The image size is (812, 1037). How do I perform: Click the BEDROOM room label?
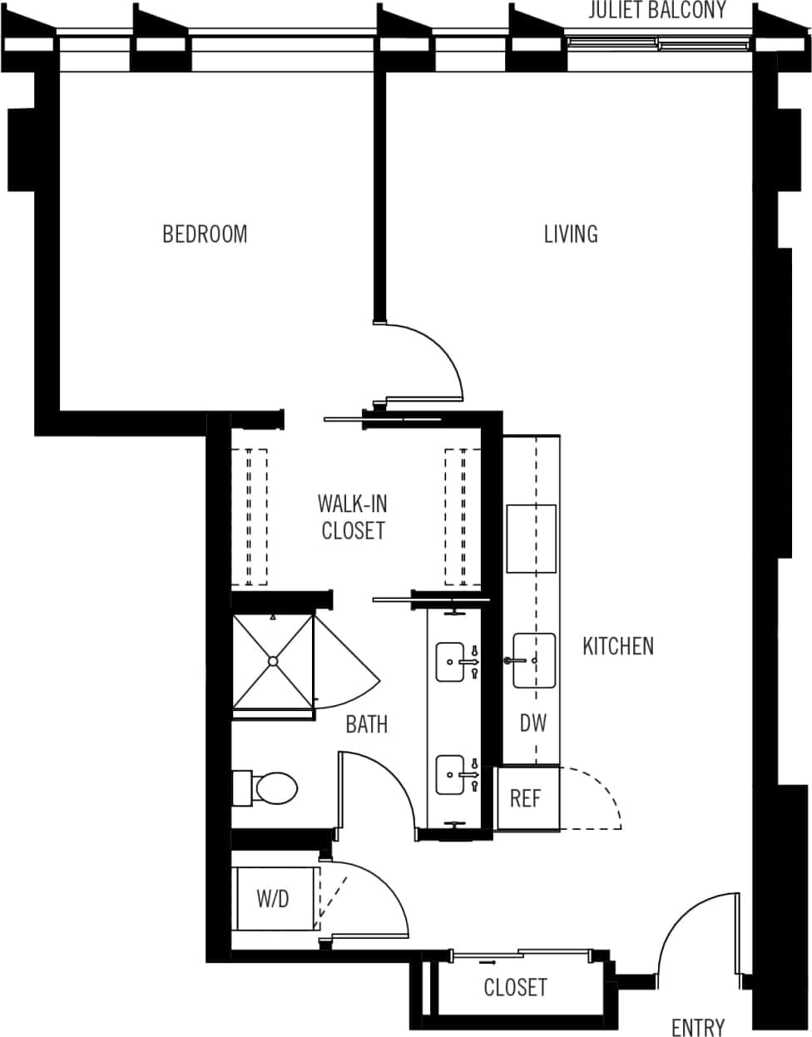point(205,234)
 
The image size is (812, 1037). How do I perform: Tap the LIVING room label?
point(571,234)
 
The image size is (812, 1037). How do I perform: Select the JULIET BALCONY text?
point(657,11)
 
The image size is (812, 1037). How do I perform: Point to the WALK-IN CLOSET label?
point(353,516)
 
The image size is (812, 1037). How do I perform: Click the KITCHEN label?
point(617,645)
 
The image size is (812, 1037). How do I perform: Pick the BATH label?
point(367,724)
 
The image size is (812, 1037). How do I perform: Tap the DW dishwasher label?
point(533,723)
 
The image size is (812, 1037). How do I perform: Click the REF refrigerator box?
point(526,798)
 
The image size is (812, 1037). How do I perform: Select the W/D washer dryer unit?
point(274,898)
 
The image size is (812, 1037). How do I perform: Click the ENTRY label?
point(697,1028)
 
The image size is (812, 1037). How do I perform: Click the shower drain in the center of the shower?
point(272,661)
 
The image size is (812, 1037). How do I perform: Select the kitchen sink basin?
point(533,660)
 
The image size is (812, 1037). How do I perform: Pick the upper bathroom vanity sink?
point(450,662)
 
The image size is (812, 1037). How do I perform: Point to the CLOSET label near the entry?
point(515,987)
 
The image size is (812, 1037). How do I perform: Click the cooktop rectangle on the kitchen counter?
point(531,538)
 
